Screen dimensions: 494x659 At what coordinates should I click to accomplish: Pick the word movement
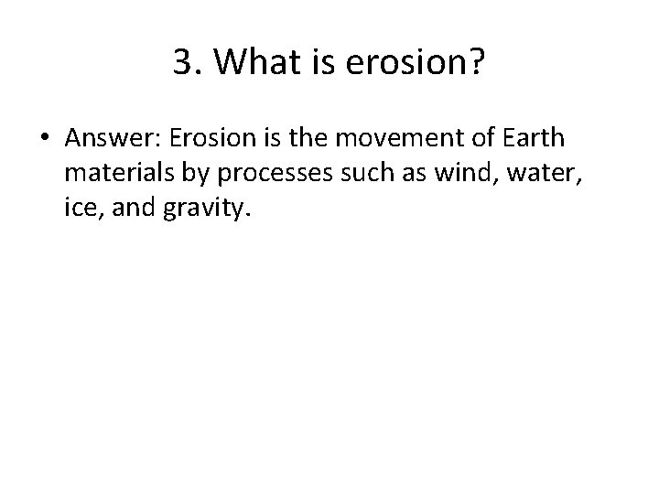[x=393, y=138]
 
